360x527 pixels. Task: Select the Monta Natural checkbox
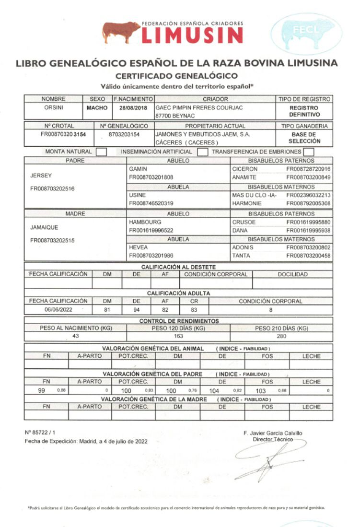[x=101, y=152]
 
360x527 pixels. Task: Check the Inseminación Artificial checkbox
[x=203, y=152]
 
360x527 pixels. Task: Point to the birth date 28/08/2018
[x=133, y=108]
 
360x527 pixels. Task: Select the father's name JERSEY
[x=40, y=176]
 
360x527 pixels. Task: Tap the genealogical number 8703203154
[x=124, y=134]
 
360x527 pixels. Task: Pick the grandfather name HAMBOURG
[x=145, y=223]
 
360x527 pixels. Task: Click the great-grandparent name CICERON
[x=245, y=169]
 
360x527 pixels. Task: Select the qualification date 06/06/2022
[x=58, y=310]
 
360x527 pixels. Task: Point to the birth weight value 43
[x=75, y=336]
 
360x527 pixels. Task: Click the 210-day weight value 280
[x=281, y=336]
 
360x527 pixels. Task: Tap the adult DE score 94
[x=137, y=310]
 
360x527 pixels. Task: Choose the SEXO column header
[x=98, y=99]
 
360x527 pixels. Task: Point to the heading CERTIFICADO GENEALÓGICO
[x=177, y=76]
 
